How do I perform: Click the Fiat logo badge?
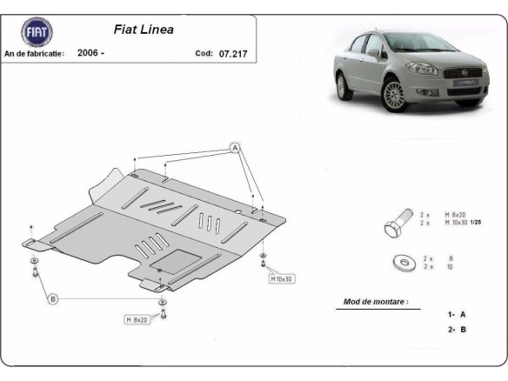(x=37, y=32)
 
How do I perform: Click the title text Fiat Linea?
(x=144, y=29)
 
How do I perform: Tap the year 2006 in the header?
(x=90, y=53)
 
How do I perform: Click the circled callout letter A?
(x=235, y=149)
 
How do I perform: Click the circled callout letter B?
(x=53, y=299)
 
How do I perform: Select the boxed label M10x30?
(x=282, y=279)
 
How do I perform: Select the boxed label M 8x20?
(x=137, y=319)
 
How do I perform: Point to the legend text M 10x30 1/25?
(x=463, y=224)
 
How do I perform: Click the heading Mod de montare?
(x=376, y=302)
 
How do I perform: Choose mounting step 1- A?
(x=456, y=313)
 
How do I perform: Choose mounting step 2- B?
(x=456, y=329)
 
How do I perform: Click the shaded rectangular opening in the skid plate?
(x=183, y=258)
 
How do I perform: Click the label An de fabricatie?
(x=35, y=53)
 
